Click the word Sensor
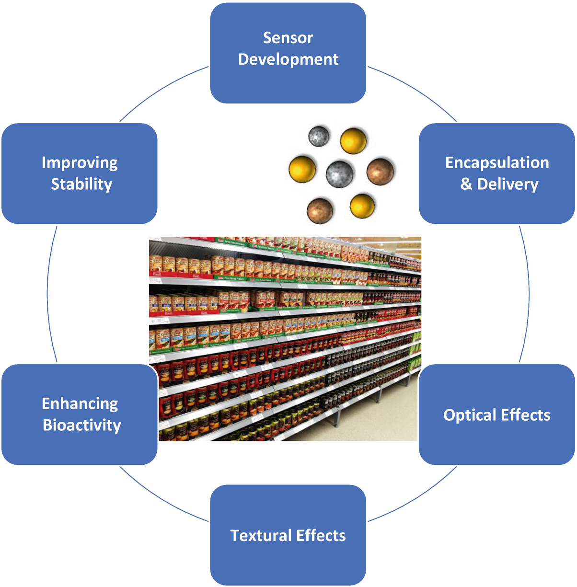click(x=288, y=38)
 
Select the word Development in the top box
click(x=288, y=59)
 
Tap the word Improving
click(x=80, y=163)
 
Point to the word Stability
click(x=81, y=184)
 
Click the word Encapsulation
click(x=497, y=163)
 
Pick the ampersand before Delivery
click(x=466, y=184)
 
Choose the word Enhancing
click(x=80, y=403)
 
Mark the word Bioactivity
click(x=82, y=425)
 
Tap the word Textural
click(x=261, y=535)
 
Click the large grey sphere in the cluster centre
click(x=340, y=173)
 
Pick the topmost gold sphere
click(x=354, y=140)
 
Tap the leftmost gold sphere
click(x=302, y=169)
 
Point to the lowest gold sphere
click(x=362, y=206)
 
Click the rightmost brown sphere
click(x=381, y=171)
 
